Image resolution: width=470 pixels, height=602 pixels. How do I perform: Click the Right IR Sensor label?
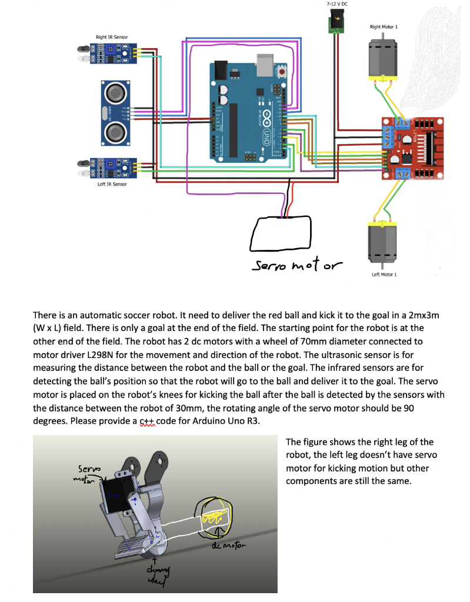[x=112, y=38]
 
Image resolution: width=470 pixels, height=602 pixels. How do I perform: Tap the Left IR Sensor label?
[x=112, y=184]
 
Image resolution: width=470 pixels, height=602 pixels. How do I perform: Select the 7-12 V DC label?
[x=336, y=4]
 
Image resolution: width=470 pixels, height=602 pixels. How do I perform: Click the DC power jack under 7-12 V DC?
[x=337, y=23]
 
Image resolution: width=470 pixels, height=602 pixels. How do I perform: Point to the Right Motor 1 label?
[x=384, y=27]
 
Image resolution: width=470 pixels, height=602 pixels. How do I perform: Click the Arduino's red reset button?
[x=283, y=72]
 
